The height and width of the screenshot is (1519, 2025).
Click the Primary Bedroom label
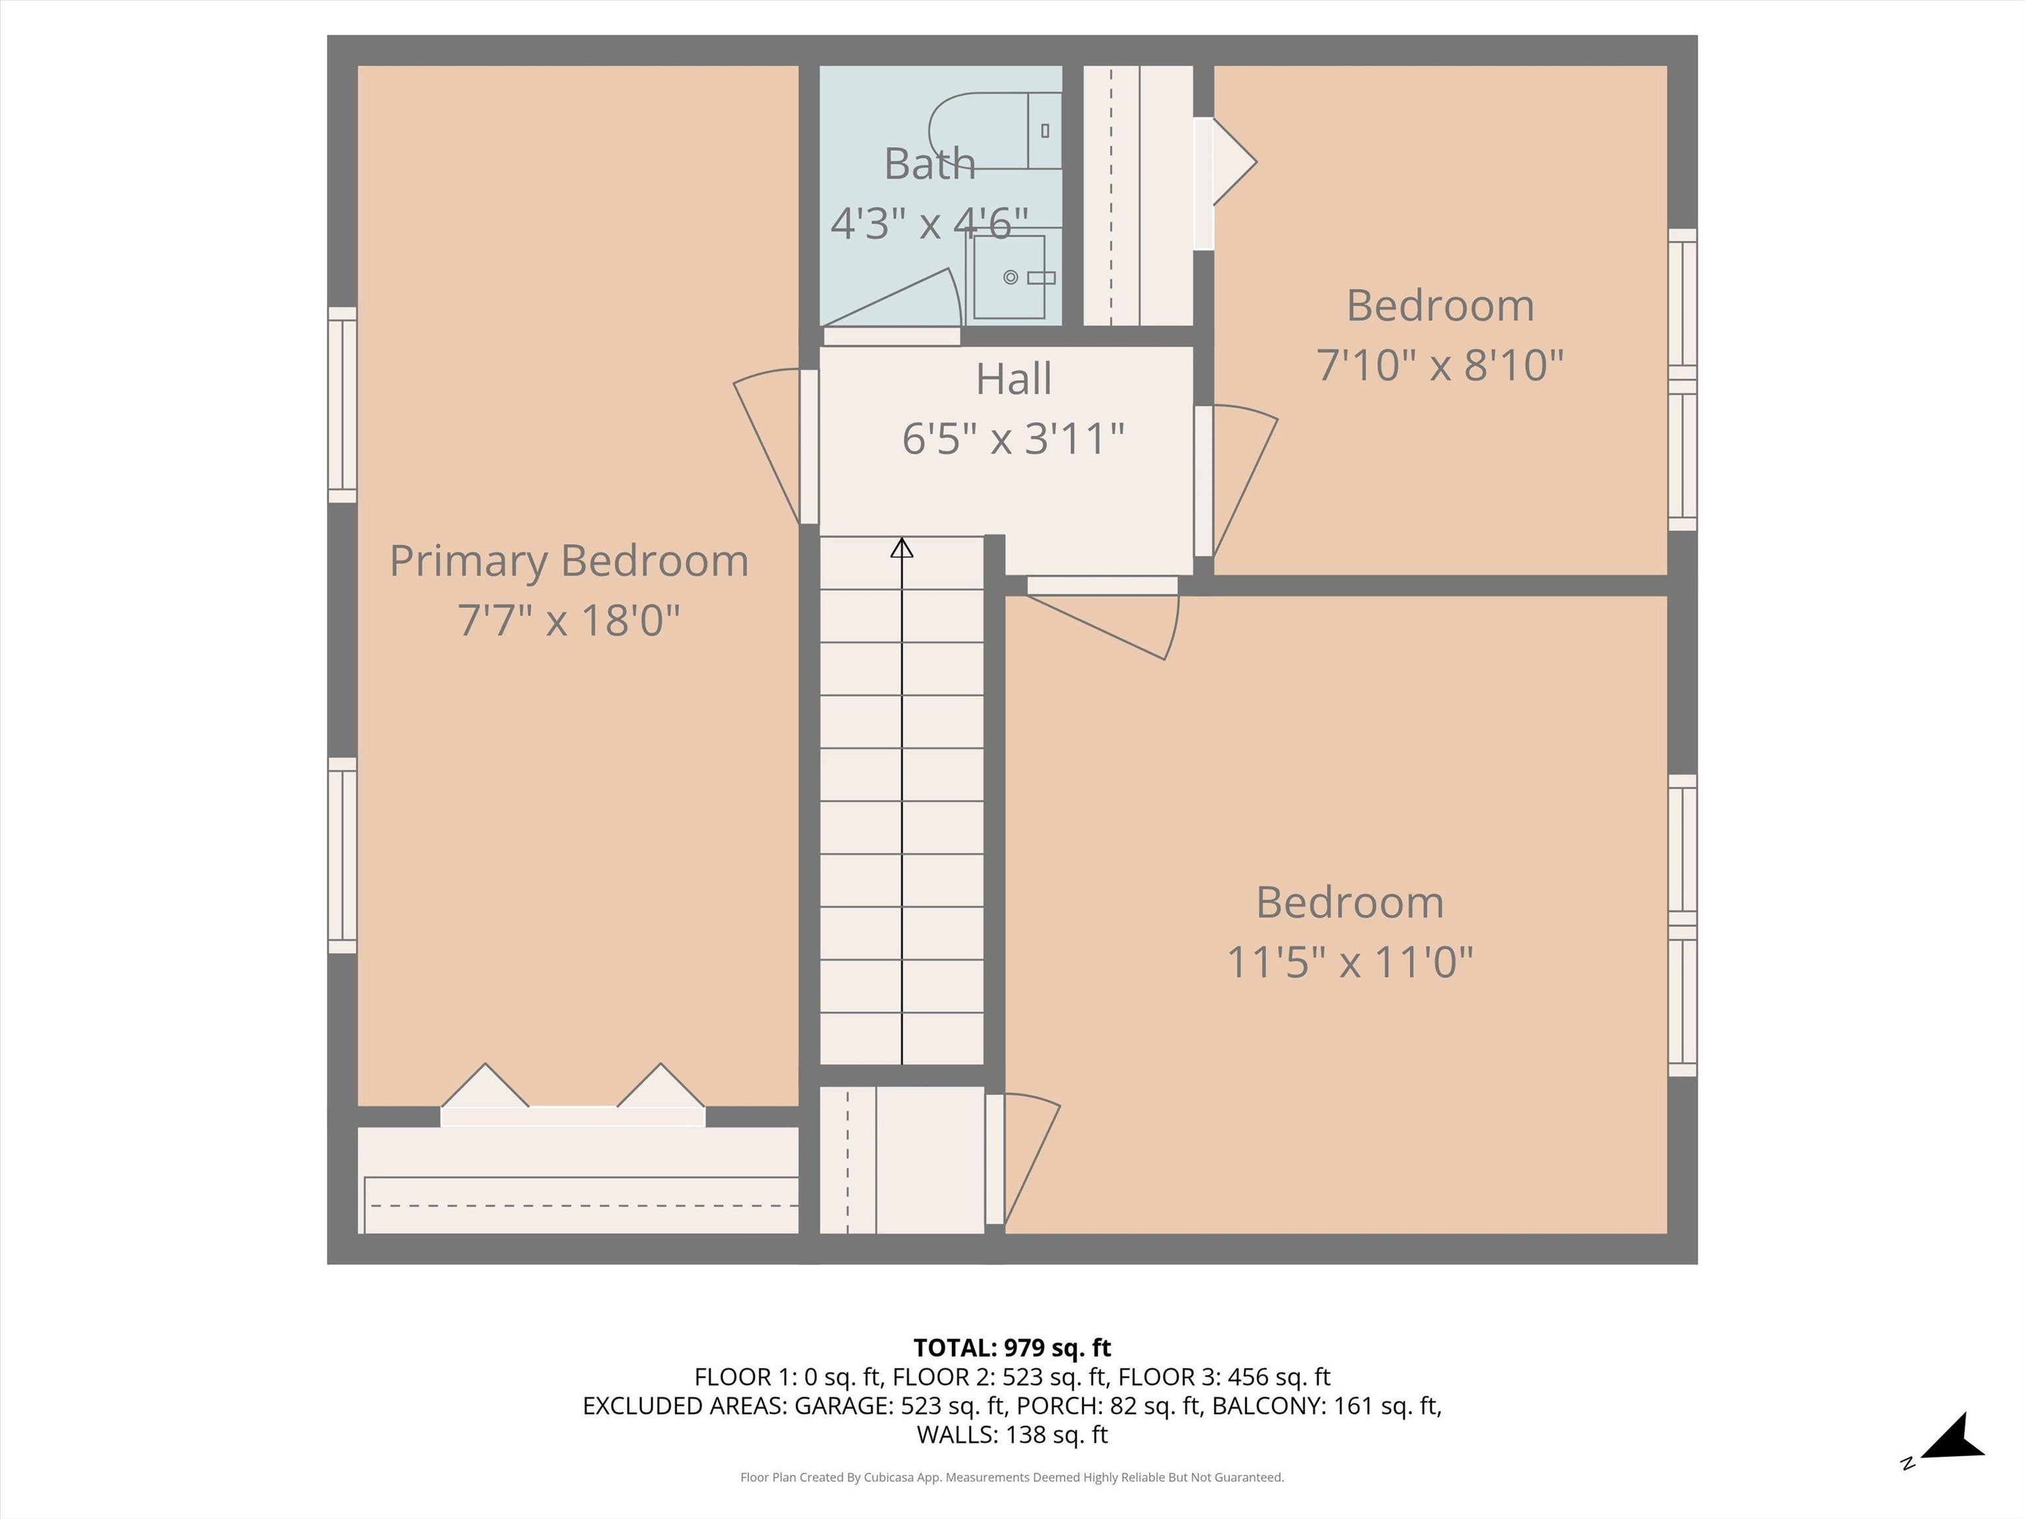[x=568, y=561]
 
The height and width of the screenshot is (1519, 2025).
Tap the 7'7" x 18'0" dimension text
[x=568, y=620]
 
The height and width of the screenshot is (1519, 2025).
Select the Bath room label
[x=929, y=164]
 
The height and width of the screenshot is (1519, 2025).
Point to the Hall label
[x=1013, y=379]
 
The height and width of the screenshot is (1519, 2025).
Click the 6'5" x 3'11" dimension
[x=1013, y=438]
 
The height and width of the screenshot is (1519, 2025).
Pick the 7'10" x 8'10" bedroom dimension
[x=1440, y=365]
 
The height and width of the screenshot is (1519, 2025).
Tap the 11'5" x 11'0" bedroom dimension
[x=1349, y=963]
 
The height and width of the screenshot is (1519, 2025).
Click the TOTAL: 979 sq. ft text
[x=1012, y=1348]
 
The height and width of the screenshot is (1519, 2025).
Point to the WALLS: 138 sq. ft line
[x=1012, y=1435]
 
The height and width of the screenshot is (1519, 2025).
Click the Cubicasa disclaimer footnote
[x=1012, y=1477]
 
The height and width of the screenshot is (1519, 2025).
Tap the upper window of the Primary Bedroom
[x=342, y=405]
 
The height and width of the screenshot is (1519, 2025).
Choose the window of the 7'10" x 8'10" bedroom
[x=1683, y=380]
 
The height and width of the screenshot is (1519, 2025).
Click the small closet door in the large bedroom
[x=1022, y=1159]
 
